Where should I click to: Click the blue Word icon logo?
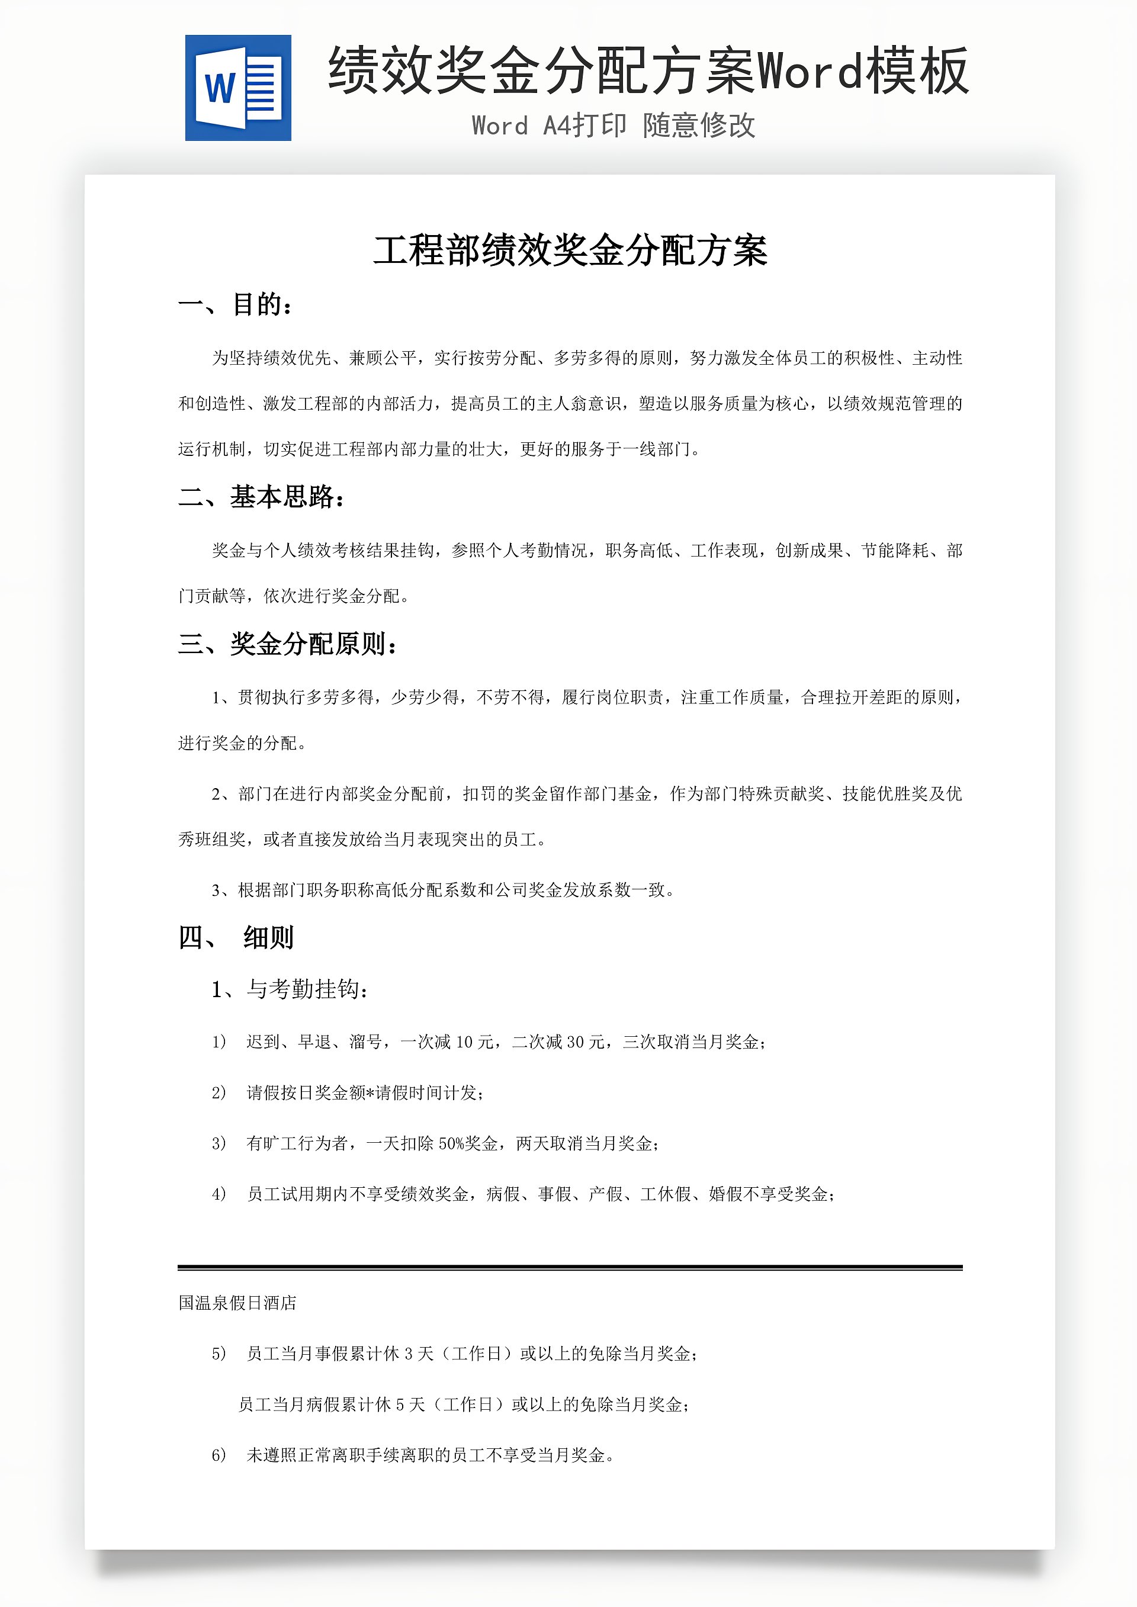tap(238, 88)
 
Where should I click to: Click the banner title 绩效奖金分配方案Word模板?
tap(648, 70)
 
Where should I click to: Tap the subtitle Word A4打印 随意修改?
tap(614, 126)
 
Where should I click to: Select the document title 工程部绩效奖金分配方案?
tap(570, 250)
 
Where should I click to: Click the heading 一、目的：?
tap(235, 304)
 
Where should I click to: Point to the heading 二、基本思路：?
tap(262, 497)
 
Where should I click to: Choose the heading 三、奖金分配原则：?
tap(288, 644)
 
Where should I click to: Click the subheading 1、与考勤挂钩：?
tap(290, 989)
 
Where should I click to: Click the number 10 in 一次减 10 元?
tap(464, 1042)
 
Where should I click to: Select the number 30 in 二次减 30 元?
tap(576, 1042)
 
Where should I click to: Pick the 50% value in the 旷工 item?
tap(452, 1143)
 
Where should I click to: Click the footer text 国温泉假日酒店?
tap(237, 1303)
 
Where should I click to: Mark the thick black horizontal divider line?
tap(570, 1268)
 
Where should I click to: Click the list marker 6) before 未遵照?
tap(219, 1455)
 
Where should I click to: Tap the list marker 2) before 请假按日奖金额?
tap(219, 1092)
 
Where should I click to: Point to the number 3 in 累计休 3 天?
tap(408, 1354)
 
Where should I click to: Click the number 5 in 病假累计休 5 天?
tap(400, 1404)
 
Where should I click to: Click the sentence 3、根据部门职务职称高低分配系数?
tap(442, 891)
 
